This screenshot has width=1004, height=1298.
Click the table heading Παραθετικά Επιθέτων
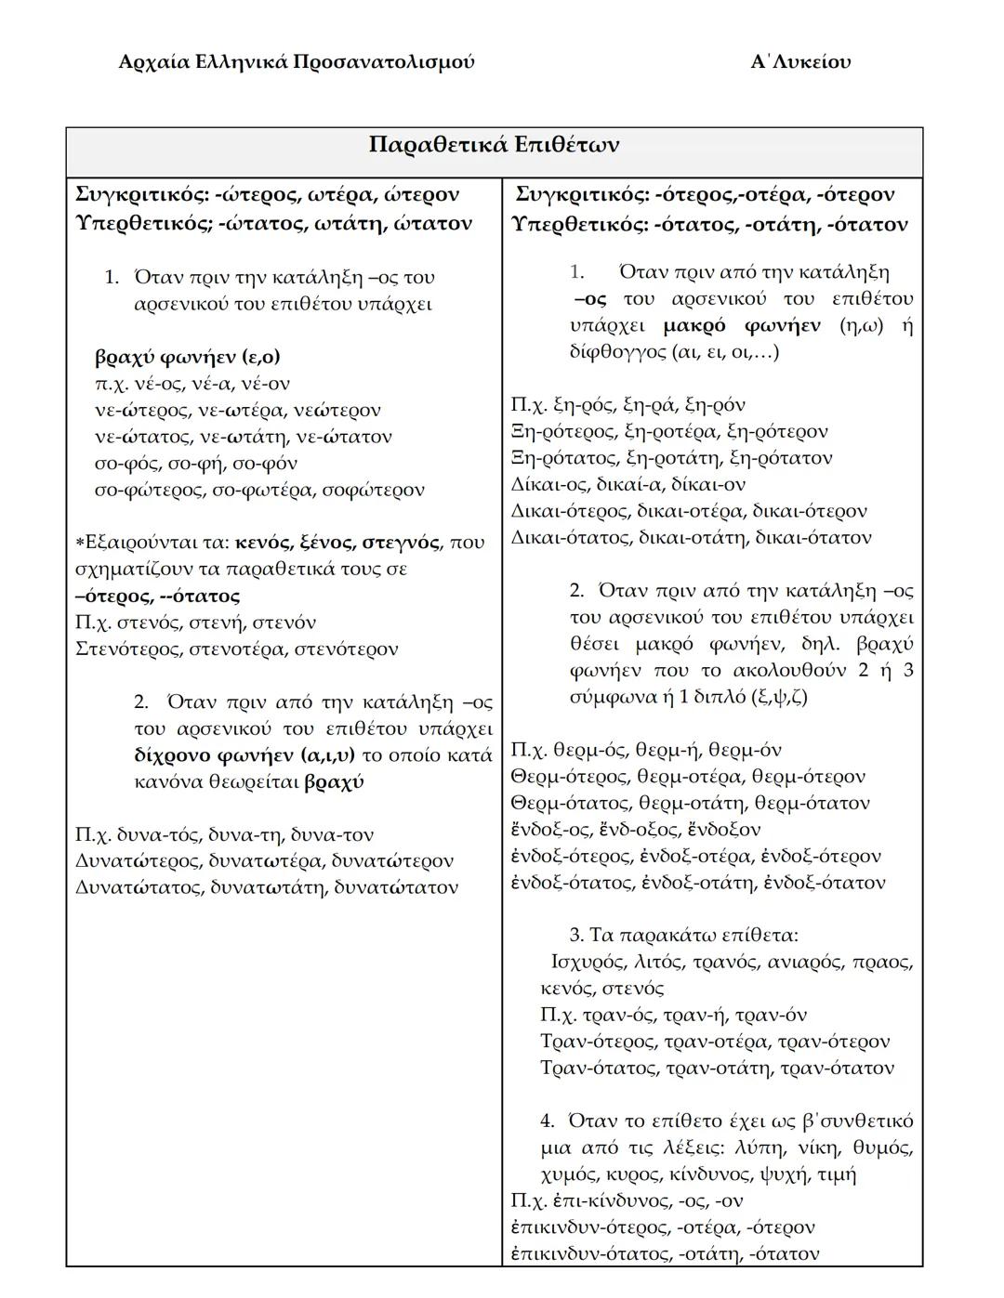(x=494, y=146)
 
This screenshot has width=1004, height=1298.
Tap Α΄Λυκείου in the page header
(x=800, y=62)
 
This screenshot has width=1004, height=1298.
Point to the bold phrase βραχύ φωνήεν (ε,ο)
(x=187, y=357)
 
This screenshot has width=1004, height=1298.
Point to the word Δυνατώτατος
(x=138, y=887)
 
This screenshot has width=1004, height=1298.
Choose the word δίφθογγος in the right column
(x=611, y=352)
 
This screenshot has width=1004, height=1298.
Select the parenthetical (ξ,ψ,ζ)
(x=778, y=697)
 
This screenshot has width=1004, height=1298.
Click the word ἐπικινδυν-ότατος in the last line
(x=589, y=1253)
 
